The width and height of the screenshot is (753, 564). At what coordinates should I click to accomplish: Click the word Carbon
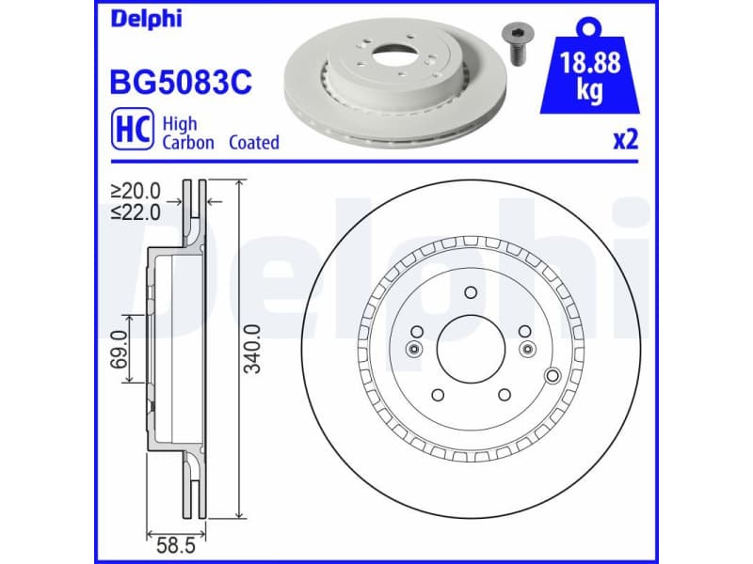pyautogui.click(x=188, y=143)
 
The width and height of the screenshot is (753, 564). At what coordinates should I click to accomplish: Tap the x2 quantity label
pyautogui.click(x=625, y=141)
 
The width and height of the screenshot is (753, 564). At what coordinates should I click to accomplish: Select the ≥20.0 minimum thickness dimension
pyautogui.click(x=136, y=192)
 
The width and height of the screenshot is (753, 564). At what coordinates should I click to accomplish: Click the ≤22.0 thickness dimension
pyautogui.click(x=136, y=211)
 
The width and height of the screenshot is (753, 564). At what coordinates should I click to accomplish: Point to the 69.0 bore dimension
pyautogui.click(x=120, y=349)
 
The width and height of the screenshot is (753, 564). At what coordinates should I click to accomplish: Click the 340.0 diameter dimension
pyautogui.click(x=252, y=349)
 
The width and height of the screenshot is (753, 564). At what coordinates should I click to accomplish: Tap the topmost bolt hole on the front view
pyautogui.click(x=469, y=293)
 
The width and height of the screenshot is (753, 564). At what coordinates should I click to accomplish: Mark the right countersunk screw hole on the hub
pyautogui.click(x=526, y=350)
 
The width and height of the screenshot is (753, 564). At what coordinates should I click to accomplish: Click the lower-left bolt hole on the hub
pyautogui.click(x=436, y=395)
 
